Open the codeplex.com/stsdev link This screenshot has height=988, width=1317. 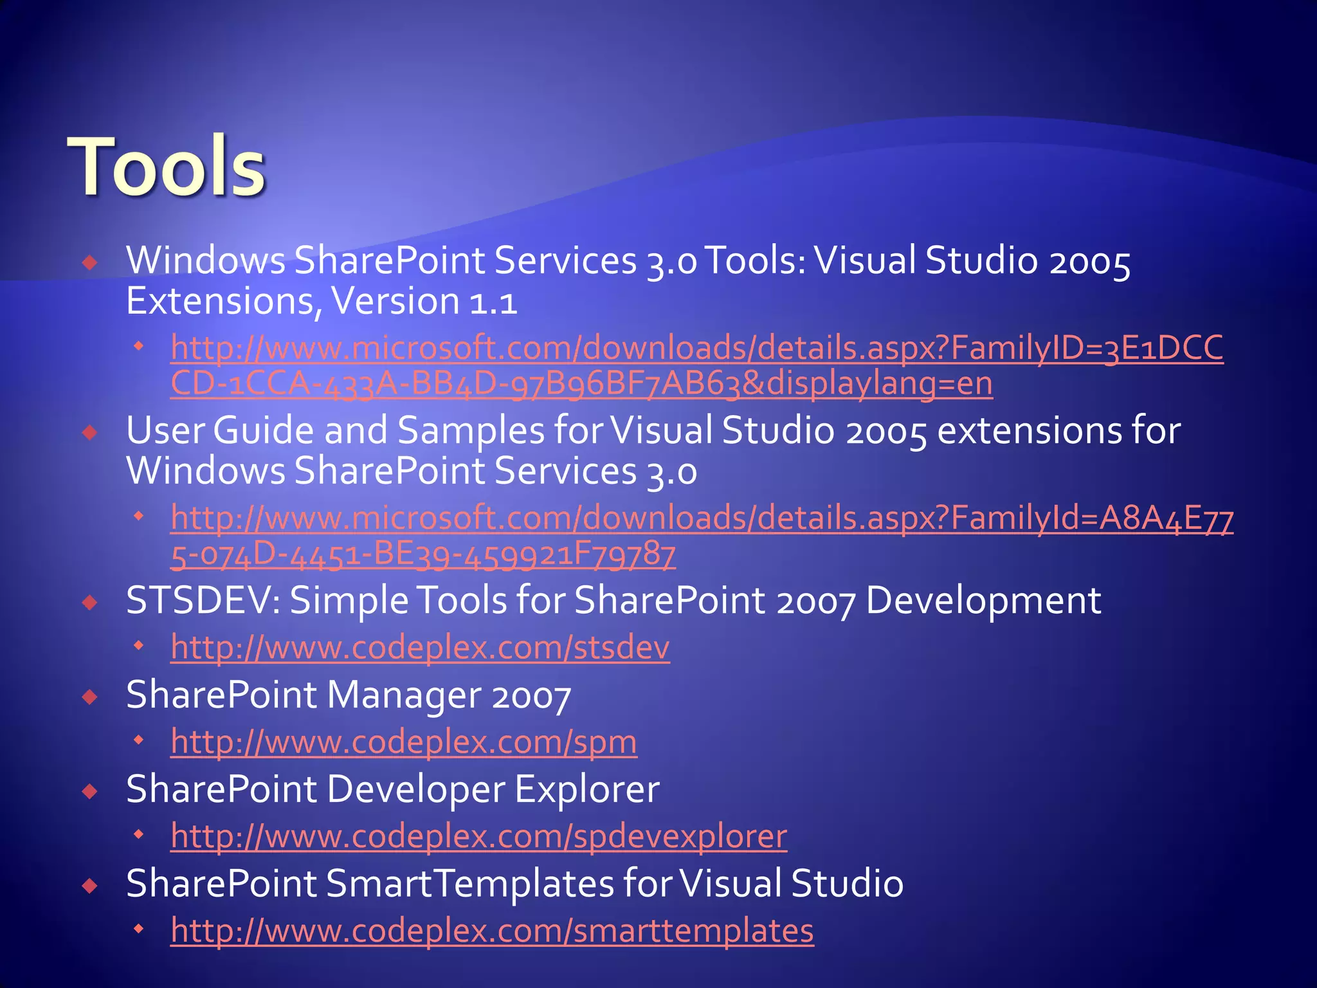coord(420,647)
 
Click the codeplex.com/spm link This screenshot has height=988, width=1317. coord(404,742)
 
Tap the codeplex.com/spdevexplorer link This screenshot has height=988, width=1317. coord(478,836)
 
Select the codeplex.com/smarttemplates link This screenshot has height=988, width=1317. coord(492,931)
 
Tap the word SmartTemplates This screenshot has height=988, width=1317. coord(470,884)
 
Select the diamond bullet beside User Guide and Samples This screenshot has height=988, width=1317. coord(90,432)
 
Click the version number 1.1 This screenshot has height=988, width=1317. coord(493,302)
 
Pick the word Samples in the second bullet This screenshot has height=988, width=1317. coord(471,431)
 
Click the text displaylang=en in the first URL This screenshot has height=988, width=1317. coord(880,383)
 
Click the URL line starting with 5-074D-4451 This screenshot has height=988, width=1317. coord(422,554)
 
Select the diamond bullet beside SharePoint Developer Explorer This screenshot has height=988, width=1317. coord(90,791)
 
